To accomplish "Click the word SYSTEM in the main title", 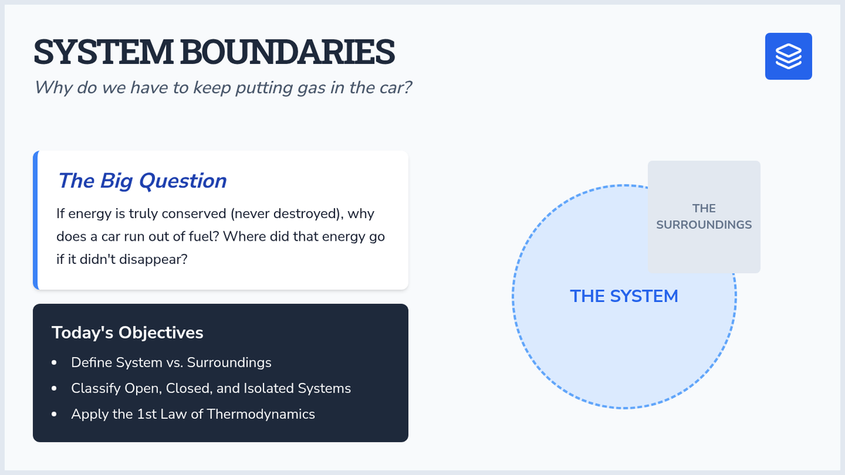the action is tap(103, 51).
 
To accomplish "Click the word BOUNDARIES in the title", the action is tap(287, 51).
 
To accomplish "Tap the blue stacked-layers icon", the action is tap(789, 56).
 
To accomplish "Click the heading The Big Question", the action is tap(142, 181).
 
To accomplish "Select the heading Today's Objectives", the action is tap(127, 333).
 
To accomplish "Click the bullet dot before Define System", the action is tap(54, 362).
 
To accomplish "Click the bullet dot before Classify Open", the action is tap(54, 388).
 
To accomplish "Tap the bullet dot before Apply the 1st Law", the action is tap(54, 414).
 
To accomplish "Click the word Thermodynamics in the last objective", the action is tap(261, 414).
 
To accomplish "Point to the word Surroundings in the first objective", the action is tap(229, 362).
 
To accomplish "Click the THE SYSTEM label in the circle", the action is tap(624, 296).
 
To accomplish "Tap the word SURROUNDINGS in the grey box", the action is tap(704, 224).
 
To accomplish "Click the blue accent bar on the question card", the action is tap(35, 220).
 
